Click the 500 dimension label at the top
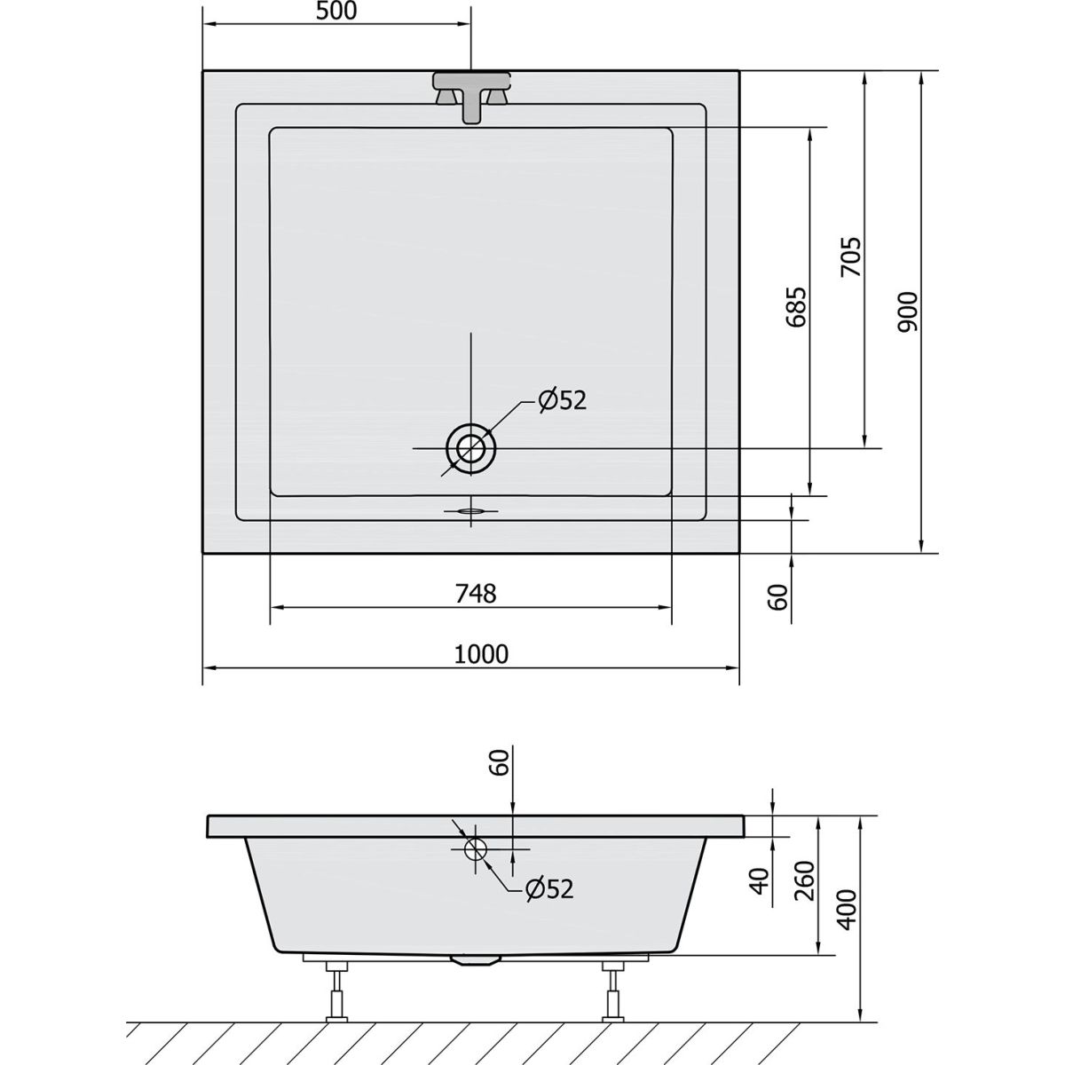336,12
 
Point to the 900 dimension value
907,312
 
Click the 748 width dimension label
476,594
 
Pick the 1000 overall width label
481,654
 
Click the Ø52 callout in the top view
562,400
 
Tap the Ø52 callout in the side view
549,889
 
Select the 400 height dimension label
848,910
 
